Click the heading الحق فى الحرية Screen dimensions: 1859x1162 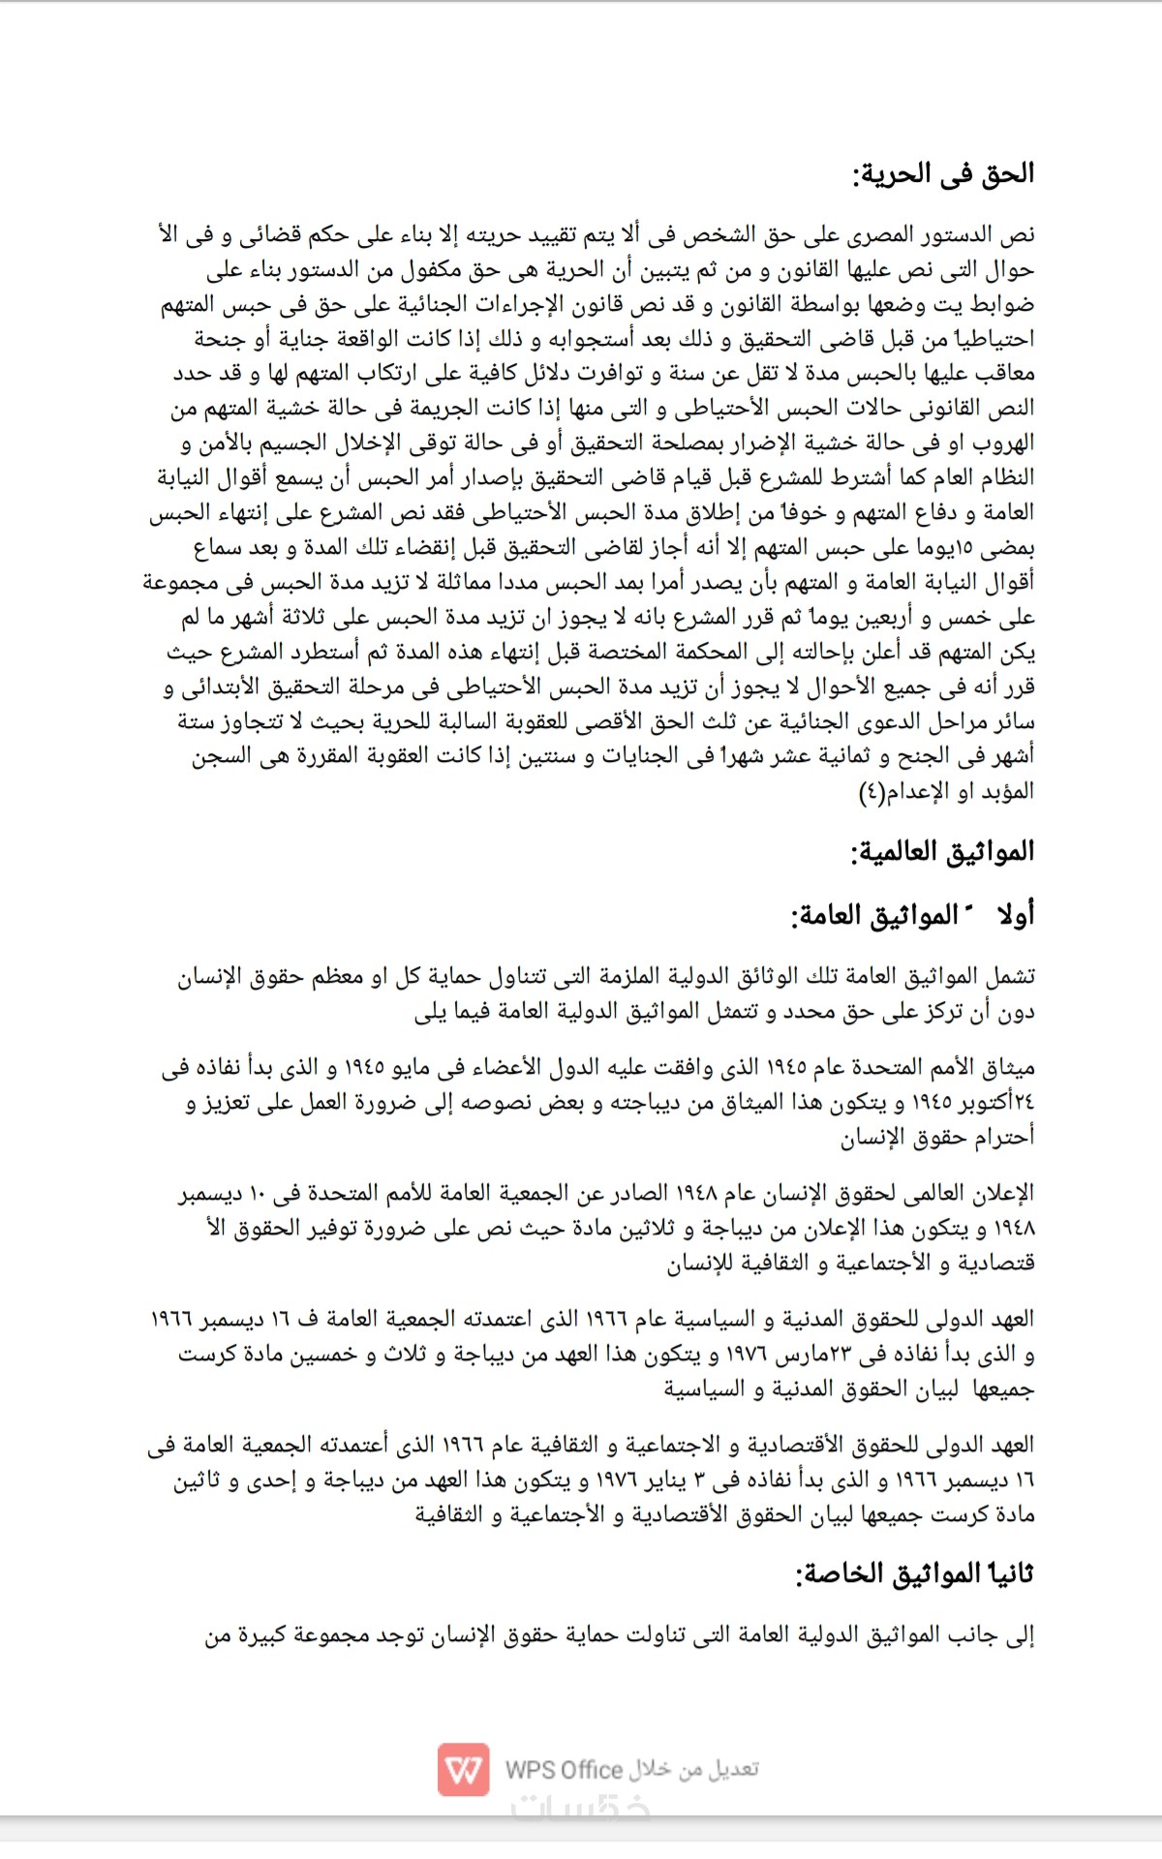[x=943, y=175]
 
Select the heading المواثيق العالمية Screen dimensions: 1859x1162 [x=942, y=853]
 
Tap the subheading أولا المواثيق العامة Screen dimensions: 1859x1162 [x=912, y=915]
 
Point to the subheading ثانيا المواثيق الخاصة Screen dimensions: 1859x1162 [x=914, y=1574]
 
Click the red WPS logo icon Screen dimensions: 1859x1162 [x=463, y=1769]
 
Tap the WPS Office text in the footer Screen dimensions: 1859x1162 [x=564, y=1770]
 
